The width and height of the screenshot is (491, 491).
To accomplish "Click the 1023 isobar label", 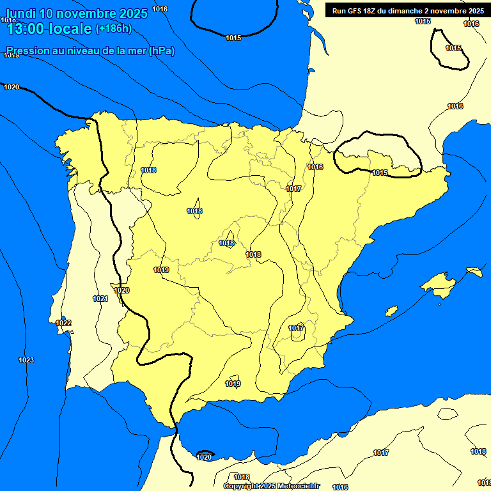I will point(26,361).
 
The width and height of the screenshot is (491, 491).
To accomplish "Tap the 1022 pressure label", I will point(63,323).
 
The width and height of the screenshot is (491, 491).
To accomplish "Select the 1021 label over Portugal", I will point(100,299).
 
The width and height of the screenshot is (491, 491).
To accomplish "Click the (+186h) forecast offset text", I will point(113,28).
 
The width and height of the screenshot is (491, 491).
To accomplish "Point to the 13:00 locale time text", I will point(49,28).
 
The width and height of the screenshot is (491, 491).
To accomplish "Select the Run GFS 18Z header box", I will point(407,10).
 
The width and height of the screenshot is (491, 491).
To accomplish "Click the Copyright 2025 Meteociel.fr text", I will point(271,486).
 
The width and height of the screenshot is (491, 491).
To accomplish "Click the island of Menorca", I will point(474,271).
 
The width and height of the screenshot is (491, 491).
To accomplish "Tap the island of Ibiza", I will point(391,311).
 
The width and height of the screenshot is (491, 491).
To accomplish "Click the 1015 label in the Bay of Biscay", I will point(233,38).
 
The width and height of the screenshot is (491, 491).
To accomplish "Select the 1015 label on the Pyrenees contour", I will point(380,173).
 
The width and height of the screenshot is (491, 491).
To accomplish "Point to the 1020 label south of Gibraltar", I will point(204,457).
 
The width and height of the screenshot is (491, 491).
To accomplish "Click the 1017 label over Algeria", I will point(381,453).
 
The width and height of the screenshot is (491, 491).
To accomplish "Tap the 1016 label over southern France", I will point(455,106).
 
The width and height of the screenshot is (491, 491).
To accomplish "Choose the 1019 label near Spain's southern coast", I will point(233,384).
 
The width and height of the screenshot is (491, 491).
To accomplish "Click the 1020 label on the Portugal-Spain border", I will point(121,290).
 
